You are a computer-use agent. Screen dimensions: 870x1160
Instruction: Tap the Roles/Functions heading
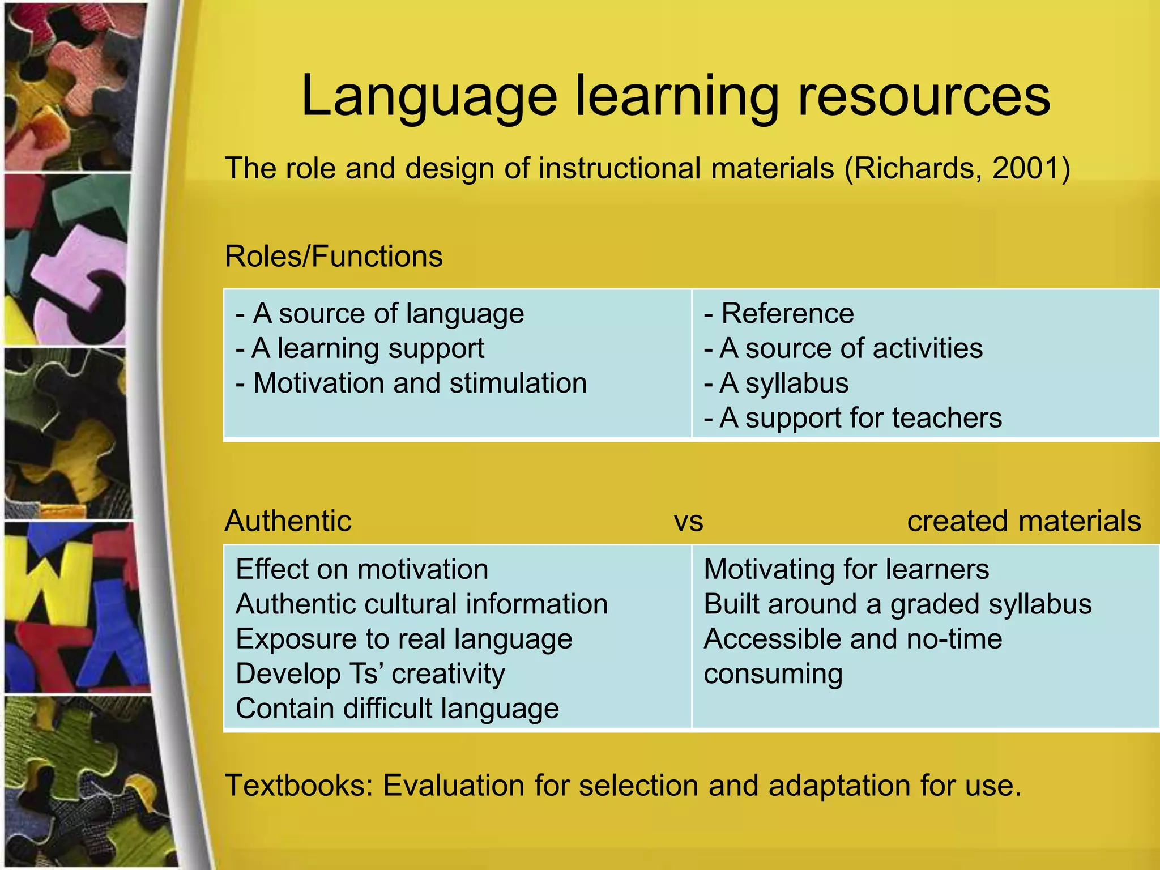333,256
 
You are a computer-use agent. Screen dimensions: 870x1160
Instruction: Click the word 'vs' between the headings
688,521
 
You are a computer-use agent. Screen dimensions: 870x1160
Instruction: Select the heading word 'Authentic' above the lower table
288,521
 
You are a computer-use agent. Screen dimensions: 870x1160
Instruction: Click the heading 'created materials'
1023,521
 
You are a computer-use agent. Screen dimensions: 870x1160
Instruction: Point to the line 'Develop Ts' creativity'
370,673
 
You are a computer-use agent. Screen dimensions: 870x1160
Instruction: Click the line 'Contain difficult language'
397,709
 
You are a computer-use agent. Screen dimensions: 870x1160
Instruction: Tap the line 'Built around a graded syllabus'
897,604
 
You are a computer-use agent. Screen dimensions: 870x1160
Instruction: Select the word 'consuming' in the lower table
773,673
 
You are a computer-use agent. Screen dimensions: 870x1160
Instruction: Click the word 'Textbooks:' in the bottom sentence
299,785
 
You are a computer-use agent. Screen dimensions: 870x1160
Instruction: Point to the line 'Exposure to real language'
404,639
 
